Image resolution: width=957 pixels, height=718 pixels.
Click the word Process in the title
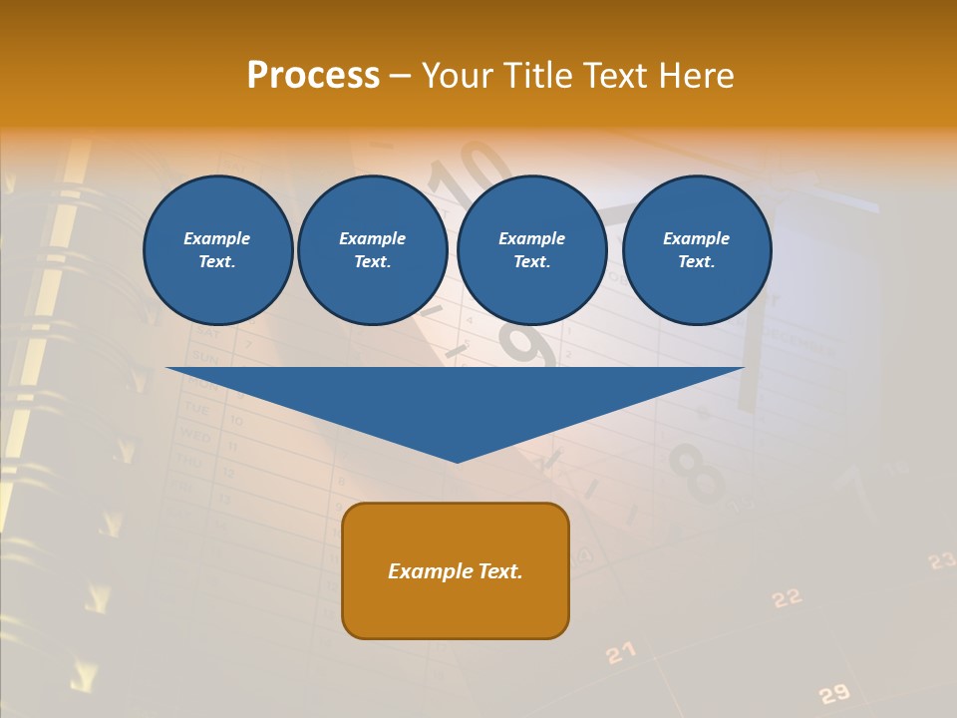pyautogui.click(x=313, y=76)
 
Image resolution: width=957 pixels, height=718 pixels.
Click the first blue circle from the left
pyautogui.click(x=217, y=250)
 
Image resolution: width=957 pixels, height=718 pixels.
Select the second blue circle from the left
pyautogui.click(x=372, y=250)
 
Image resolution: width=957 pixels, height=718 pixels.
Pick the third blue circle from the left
pyautogui.click(x=531, y=250)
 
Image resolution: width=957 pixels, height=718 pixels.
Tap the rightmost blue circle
pyautogui.click(x=696, y=250)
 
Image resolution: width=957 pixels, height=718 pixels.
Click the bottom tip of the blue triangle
pyautogui.click(x=457, y=460)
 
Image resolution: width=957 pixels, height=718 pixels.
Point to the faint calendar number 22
pyautogui.click(x=787, y=597)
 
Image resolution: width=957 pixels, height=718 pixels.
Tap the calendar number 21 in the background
pyautogui.click(x=620, y=653)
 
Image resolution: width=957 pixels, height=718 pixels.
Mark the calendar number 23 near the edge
pyautogui.click(x=941, y=561)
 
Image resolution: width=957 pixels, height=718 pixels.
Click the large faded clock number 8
pyautogui.click(x=697, y=474)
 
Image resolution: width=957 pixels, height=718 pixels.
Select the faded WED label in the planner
pyautogui.click(x=192, y=435)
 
